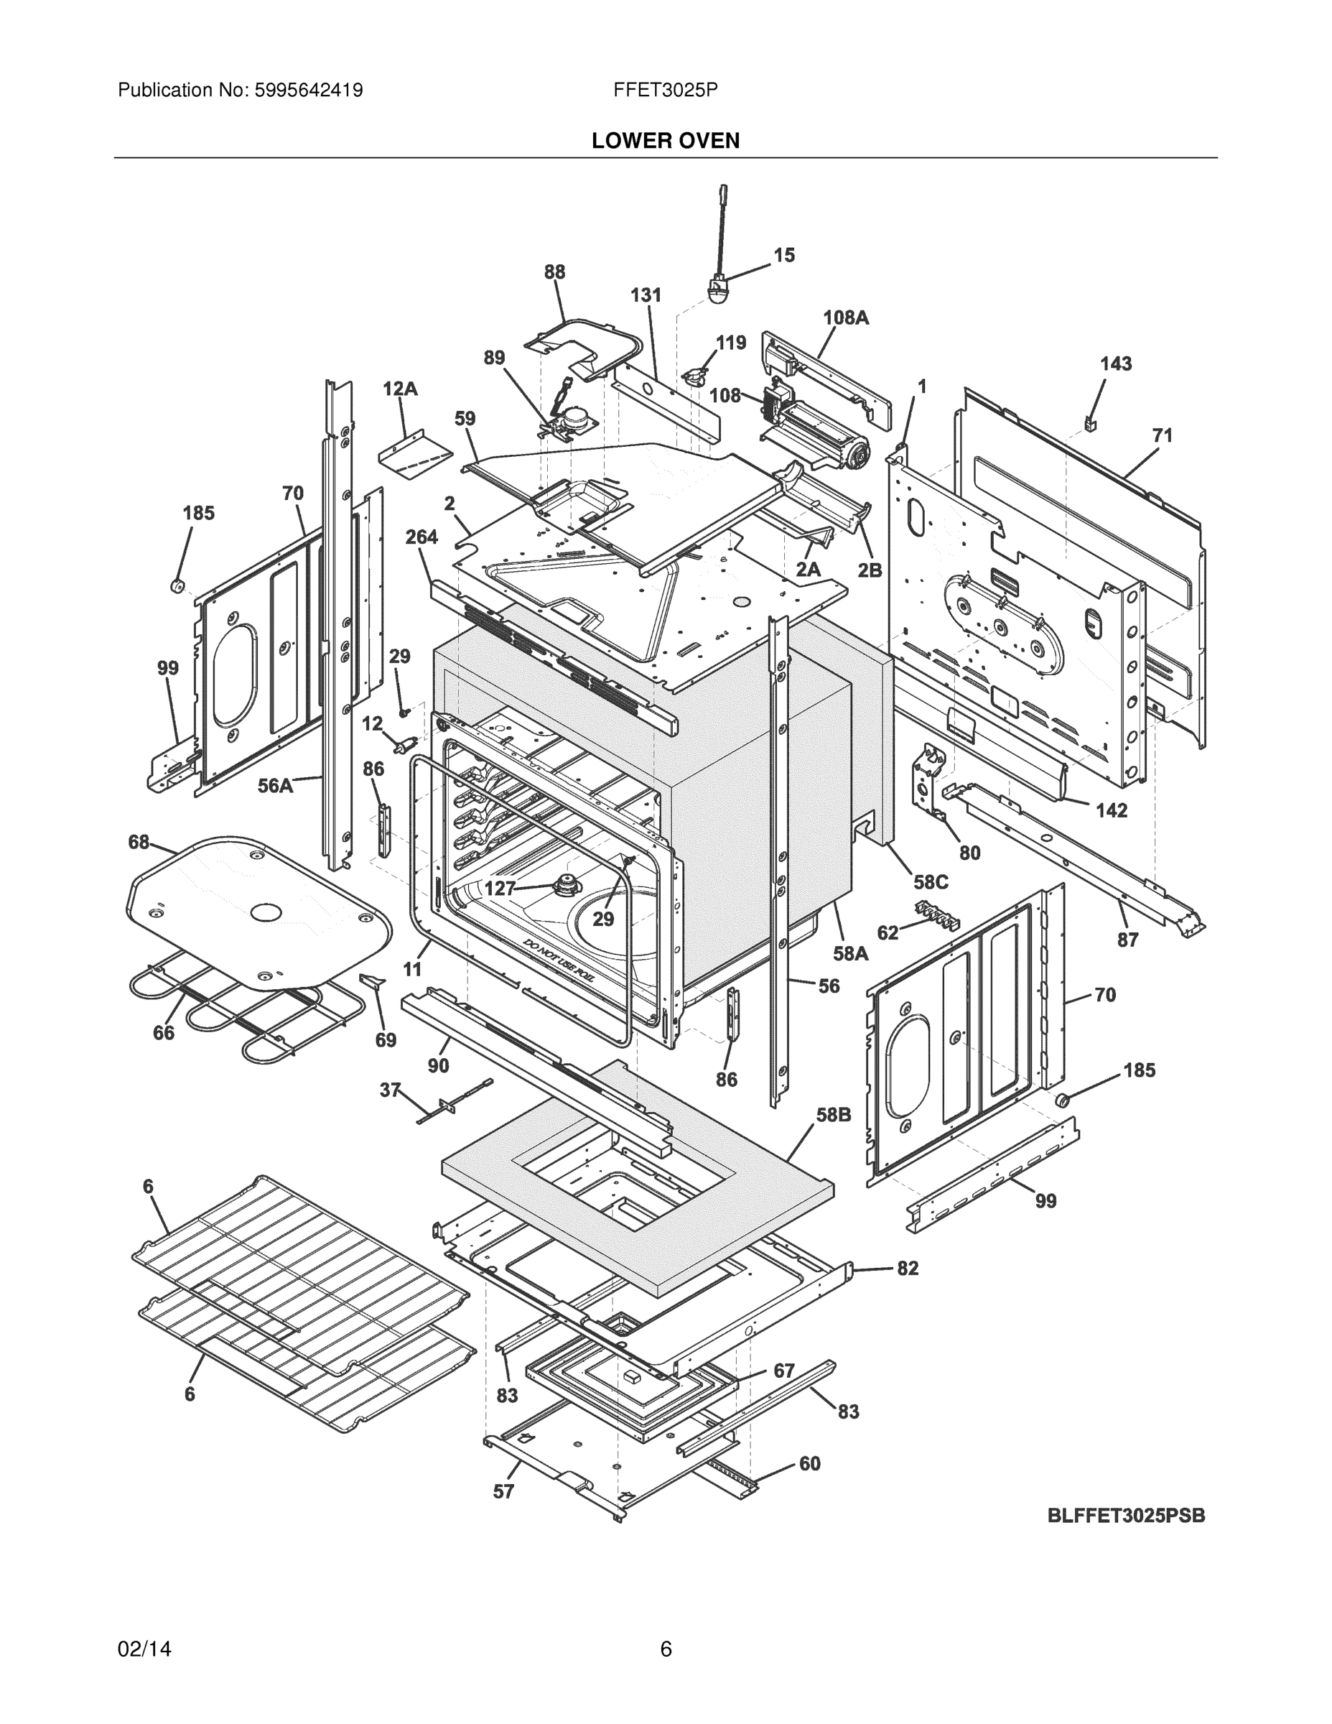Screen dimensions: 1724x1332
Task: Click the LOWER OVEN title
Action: [x=665, y=141]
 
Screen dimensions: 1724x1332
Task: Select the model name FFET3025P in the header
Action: [x=665, y=90]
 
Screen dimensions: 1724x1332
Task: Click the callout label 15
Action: [x=783, y=255]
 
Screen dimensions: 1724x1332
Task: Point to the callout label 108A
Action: [x=845, y=318]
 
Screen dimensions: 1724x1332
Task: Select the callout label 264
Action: [x=422, y=537]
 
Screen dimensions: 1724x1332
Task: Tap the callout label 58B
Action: [x=832, y=1115]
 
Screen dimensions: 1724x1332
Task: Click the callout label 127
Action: [x=500, y=888]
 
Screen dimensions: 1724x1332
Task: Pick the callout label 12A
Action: [x=400, y=389]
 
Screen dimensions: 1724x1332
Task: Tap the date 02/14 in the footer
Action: [x=144, y=1649]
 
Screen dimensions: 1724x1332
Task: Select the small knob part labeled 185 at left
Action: [x=177, y=585]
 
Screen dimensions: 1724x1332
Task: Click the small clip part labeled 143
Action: [x=1091, y=425]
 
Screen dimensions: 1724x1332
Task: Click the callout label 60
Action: [x=810, y=1463]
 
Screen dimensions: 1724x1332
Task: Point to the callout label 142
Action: [x=1111, y=810]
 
